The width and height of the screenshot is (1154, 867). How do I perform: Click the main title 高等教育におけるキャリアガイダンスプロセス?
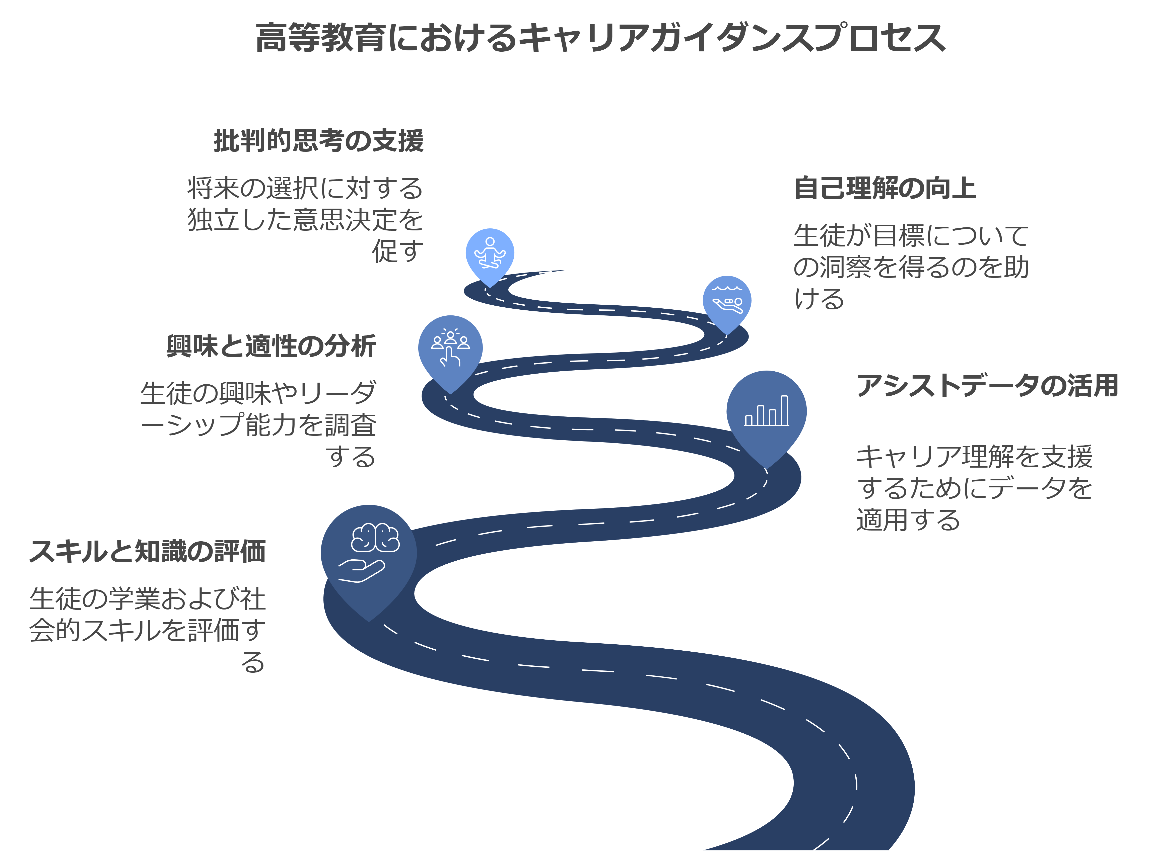[600, 38]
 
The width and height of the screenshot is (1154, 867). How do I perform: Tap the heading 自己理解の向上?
[885, 189]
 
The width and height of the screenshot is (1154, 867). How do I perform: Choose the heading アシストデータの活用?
[987, 386]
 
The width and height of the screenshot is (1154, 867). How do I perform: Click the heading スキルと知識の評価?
[148, 552]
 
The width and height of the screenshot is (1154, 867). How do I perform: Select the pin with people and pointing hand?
[450, 348]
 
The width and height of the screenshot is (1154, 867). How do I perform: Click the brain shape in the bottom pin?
[376, 537]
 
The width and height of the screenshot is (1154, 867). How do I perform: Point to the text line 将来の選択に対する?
[305, 189]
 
